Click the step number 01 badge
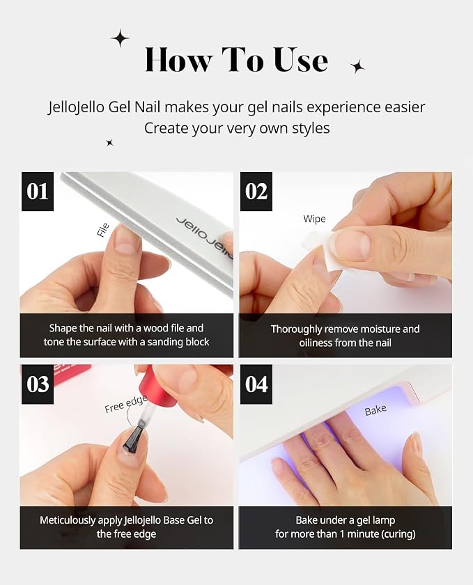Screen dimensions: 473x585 tap(38, 192)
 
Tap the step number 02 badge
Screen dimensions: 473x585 tap(256, 192)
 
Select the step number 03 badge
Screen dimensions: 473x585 tap(38, 384)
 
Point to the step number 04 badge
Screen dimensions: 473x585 tap(256, 384)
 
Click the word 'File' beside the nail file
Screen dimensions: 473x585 tap(103, 230)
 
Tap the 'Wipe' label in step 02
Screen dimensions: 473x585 tap(314, 219)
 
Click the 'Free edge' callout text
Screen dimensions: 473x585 tap(126, 405)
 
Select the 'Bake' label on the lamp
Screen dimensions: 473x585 tap(375, 410)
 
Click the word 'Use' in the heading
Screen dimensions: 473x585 tap(301, 60)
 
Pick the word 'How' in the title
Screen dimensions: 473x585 tap(178, 60)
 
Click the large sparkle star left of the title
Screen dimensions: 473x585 tap(121, 38)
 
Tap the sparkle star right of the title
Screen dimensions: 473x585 tap(357, 67)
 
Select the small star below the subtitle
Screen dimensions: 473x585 tap(110, 143)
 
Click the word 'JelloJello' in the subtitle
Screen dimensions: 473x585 tap(76, 107)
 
